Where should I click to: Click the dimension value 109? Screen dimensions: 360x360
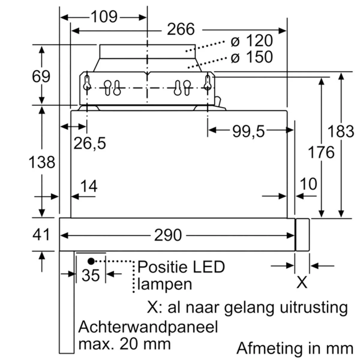(x=104, y=17)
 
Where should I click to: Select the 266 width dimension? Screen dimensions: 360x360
(x=181, y=29)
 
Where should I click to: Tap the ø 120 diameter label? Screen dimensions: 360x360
(x=252, y=40)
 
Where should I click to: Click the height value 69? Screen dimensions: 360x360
(x=41, y=76)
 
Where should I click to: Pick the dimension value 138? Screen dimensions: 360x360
(x=42, y=162)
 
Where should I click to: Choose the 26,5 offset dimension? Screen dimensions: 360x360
(x=90, y=143)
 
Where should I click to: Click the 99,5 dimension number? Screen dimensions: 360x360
(x=248, y=131)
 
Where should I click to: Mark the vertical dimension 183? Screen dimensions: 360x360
(x=341, y=131)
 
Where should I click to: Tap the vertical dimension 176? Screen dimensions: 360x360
(x=321, y=152)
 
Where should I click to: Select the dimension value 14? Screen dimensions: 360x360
(x=89, y=186)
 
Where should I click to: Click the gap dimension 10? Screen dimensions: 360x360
(x=308, y=184)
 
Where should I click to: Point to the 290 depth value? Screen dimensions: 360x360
(x=168, y=235)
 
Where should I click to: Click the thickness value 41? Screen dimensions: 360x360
(x=41, y=235)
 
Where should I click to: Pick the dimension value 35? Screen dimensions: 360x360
(x=91, y=275)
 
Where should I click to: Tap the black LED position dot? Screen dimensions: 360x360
(x=91, y=261)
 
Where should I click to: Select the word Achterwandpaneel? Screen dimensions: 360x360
(x=148, y=327)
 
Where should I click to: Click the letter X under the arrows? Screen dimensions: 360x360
(x=302, y=283)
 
